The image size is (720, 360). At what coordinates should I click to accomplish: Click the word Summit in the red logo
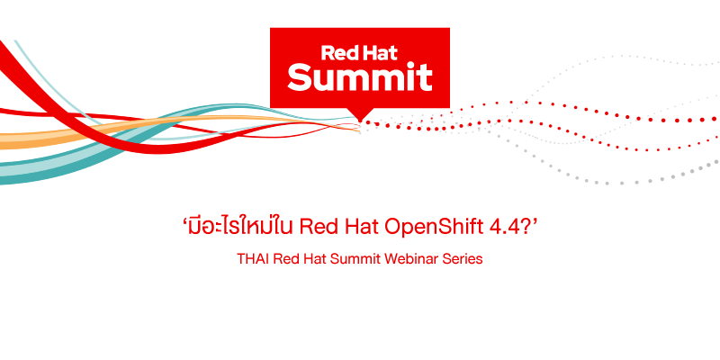359,77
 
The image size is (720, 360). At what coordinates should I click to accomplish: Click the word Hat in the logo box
379,53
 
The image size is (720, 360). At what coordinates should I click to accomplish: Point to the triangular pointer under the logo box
359,115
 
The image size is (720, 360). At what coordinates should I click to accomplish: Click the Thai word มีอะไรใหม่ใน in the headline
241,227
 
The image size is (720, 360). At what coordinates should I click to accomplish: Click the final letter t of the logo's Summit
426,78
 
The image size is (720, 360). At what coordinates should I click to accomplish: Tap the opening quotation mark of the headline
184,220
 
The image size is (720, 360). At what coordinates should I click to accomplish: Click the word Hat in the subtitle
315,259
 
